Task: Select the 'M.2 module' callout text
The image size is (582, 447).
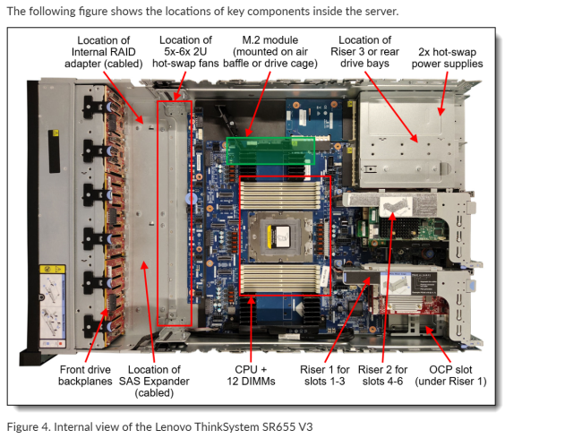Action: click(270, 40)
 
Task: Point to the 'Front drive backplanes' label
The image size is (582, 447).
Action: click(85, 374)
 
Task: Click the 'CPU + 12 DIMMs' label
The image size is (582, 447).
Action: click(252, 374)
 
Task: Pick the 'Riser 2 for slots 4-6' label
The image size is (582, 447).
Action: click(382, 374)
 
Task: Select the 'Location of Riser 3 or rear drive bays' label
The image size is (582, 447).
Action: click(364, 52)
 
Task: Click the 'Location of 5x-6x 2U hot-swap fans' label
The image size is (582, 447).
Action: click(185, 52)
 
